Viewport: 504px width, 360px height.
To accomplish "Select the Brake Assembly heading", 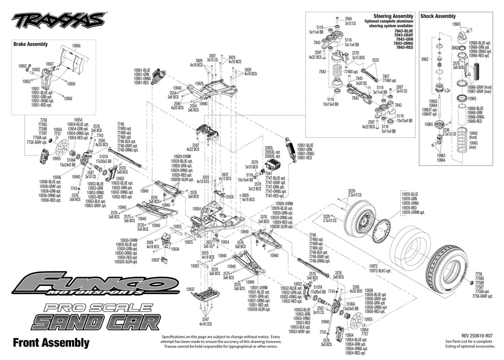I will click(x=30, y=44).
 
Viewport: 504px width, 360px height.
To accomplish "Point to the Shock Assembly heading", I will click(x=438, y=16).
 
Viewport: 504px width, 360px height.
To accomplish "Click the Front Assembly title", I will click(x=50, y=342).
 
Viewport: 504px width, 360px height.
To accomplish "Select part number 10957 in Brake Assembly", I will click(x=50, y=64).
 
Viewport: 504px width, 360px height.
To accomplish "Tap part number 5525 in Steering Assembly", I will click(x=375, y=60).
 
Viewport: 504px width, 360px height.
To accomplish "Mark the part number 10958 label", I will click(x=229, y=196).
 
